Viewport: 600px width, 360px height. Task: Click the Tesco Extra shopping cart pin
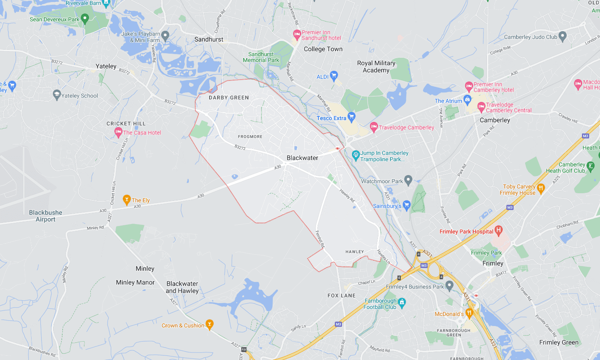[352, 117]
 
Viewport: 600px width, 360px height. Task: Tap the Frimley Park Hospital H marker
[498, 230]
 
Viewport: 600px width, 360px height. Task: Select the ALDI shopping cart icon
[334, 75]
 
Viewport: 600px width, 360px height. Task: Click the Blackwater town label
[302, 158]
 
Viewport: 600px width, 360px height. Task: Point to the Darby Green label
[229, 98]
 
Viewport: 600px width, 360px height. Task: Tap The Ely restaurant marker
[127, 199]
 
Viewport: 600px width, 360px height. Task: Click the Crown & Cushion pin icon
[209, 324]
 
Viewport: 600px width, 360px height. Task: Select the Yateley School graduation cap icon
[57, 95]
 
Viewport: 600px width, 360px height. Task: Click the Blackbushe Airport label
[46, 216]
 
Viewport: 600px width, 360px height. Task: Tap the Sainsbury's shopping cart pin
[407, 205]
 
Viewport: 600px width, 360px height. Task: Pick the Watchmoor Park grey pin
[408, 180]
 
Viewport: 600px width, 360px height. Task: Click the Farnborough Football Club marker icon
[402, 302]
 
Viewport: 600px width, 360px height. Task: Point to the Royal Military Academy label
[376, 67]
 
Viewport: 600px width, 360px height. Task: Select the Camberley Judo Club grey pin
[562, 36]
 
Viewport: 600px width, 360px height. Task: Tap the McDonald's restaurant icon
[470, 312]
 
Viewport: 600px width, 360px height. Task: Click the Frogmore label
[250, 137]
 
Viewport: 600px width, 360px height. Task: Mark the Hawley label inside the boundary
[355, 252]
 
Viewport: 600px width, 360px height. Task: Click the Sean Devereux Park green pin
[84, 18]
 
